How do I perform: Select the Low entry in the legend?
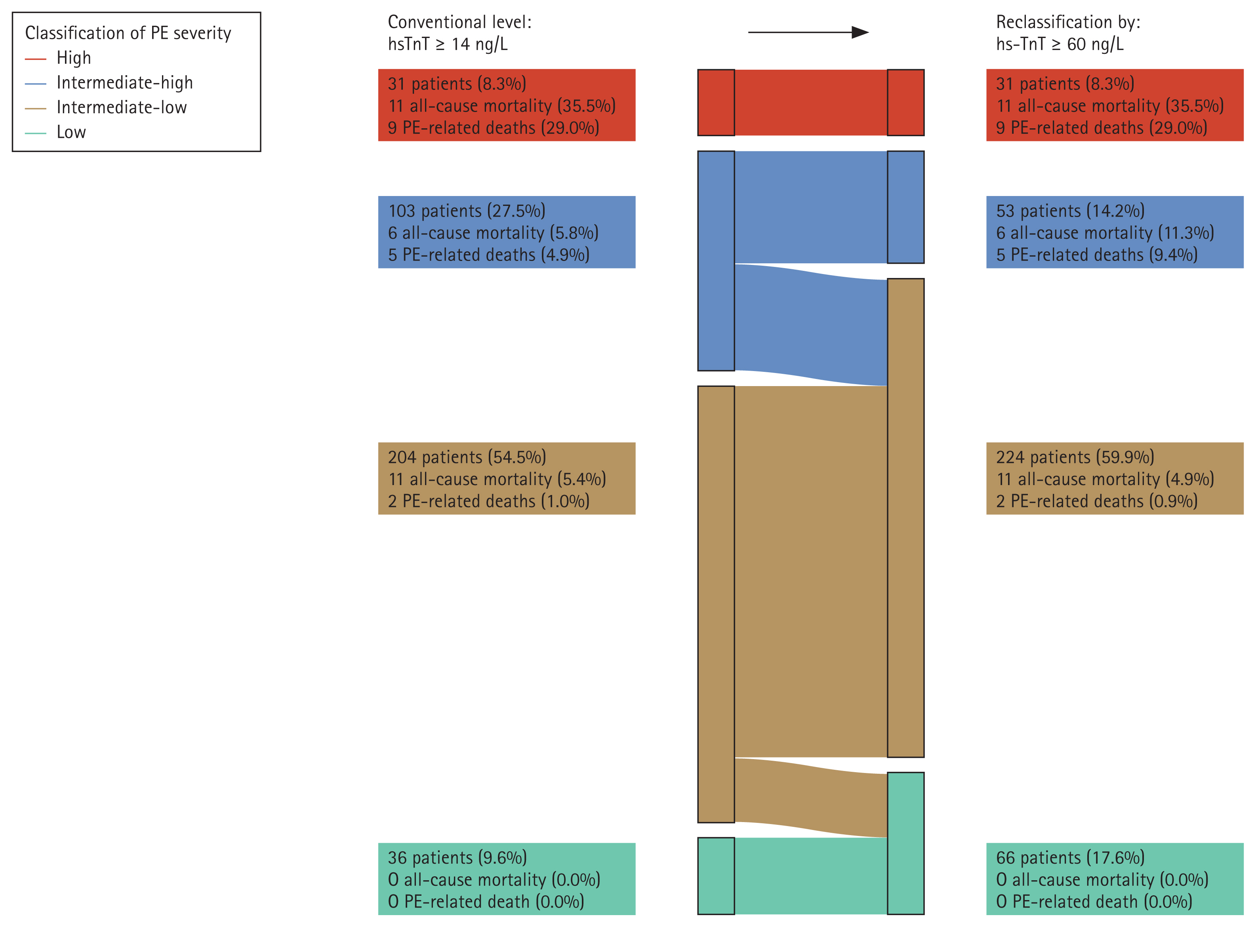[71, 132]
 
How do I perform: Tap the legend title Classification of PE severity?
[128, 33]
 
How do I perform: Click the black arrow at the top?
[808, 32]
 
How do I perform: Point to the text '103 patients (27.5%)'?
[466, 211]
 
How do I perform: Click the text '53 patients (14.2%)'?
[1070, 211]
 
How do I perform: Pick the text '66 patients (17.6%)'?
[1070, 857]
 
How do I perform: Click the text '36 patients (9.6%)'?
[457, 857]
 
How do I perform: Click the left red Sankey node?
[716, 103]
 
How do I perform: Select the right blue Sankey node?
[905, 207]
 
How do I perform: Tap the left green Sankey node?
[716, 876]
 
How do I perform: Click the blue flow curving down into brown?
[811, 325]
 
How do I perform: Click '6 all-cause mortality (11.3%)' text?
[1104, 233]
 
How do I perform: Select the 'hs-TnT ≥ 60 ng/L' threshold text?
[1060, 44]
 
